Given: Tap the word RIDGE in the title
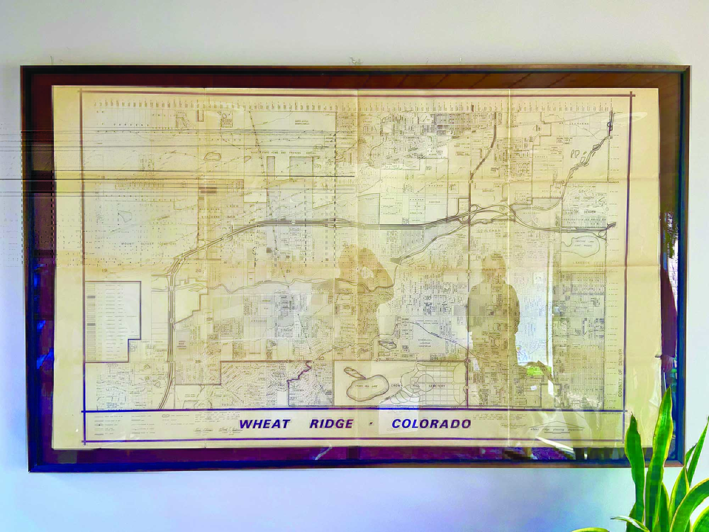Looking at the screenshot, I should coord(331,423).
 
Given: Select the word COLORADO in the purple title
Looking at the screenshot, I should coord(431,423).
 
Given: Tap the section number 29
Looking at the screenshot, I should coord(198,361).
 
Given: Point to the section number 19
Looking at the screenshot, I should coord(104,271).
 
